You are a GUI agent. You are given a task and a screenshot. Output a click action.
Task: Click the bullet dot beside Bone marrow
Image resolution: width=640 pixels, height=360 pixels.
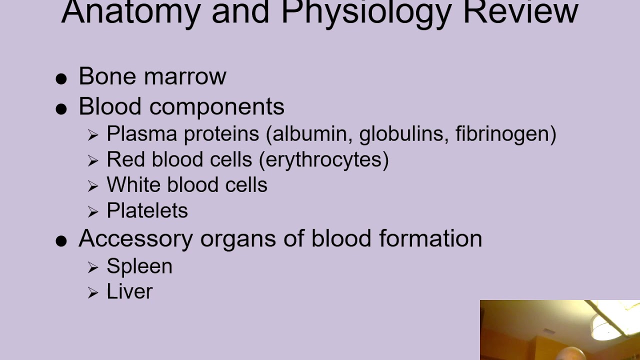pos(61,78)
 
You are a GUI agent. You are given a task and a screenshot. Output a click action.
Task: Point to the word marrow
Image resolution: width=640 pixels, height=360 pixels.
pos(184,76)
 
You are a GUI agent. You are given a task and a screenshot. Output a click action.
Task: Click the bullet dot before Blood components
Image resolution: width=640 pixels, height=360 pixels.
pos(61,109)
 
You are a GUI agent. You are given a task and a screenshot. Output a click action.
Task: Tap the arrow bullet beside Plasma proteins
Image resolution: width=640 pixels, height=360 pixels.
pos(93,135)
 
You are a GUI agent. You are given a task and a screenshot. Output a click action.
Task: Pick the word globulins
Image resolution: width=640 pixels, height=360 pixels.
pos(403,133)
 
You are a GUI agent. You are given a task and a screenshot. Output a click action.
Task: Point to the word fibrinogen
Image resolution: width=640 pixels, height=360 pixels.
pos(503,133)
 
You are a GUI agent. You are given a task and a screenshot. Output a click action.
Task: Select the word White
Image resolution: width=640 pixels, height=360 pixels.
pos(132,185)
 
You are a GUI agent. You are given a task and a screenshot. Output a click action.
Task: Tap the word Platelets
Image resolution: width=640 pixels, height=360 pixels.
pos(147,210)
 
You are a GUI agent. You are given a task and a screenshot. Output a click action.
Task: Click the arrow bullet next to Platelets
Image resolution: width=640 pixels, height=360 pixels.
pos(93,212)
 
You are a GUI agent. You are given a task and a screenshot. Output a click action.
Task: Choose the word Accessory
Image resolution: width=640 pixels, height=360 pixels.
pos(135,238)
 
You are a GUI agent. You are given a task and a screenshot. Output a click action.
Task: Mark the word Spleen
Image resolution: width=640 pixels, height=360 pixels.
pos(139,266)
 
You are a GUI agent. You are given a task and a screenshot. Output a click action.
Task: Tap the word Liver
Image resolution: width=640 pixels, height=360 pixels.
pos(129,291)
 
